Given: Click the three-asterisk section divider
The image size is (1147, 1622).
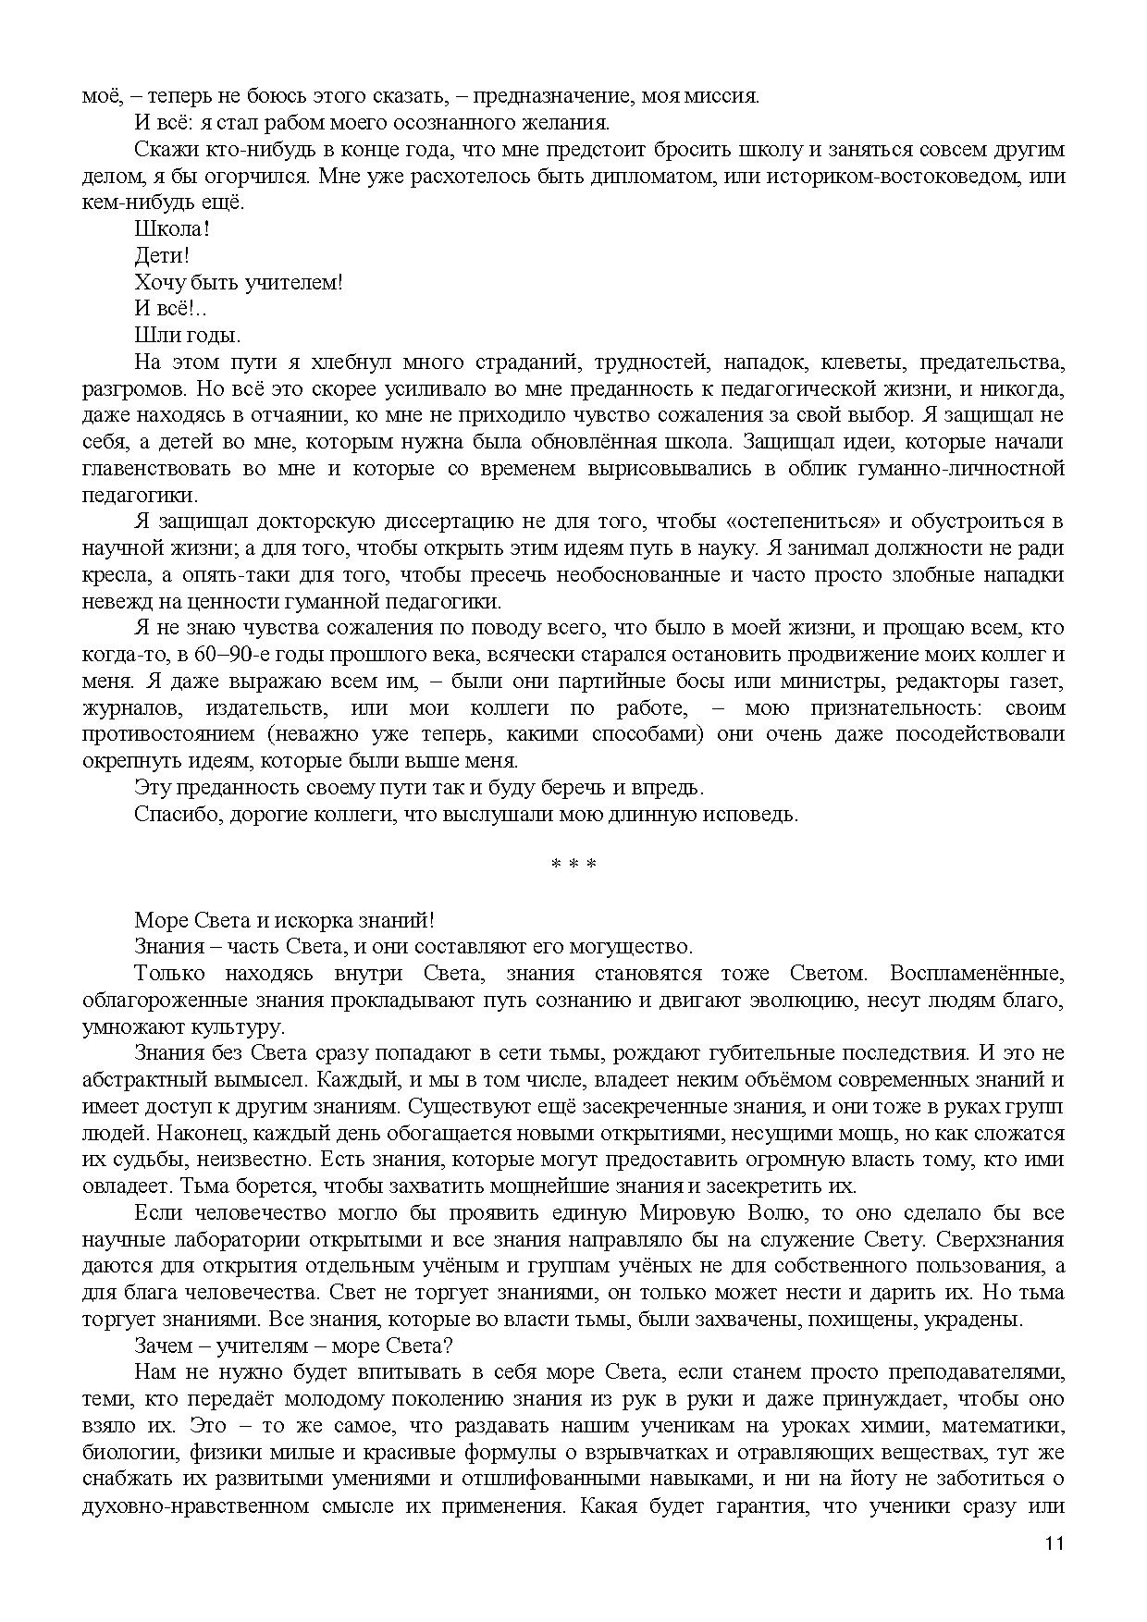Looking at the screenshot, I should [x=573, y=866].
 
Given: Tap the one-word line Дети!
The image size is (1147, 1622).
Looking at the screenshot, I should [x=162, y=255].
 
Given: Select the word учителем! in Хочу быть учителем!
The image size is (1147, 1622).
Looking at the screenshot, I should [x=293, y=282].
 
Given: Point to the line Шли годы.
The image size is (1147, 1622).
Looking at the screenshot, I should [x=187, y=335].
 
